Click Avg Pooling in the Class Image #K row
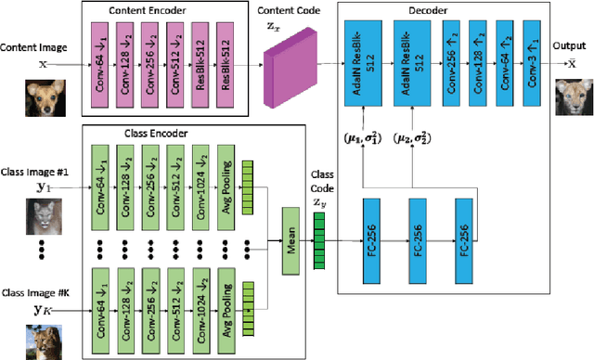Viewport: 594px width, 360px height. pos(226,302)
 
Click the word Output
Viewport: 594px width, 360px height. pos(569,44)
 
